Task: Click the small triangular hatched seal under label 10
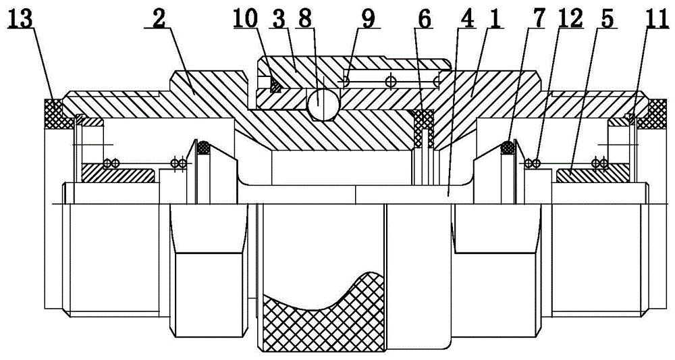(x=274, y=85)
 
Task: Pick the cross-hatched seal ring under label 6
(x=425, y=123)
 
